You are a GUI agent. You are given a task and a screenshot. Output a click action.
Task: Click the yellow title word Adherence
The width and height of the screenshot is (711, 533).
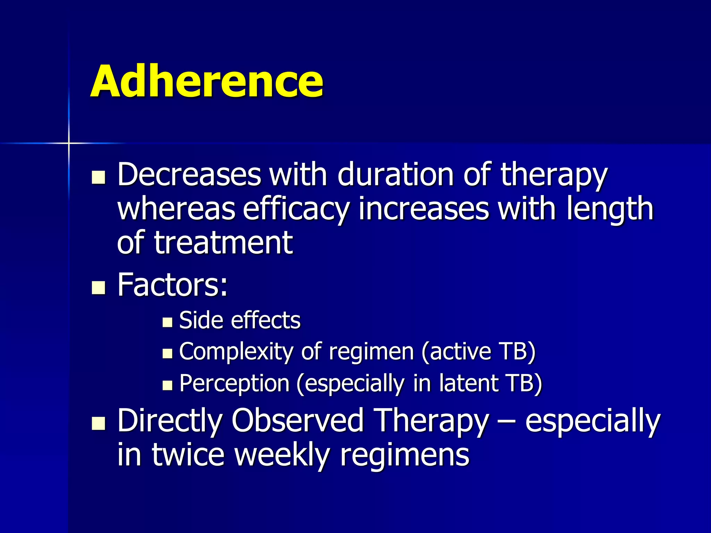(207, 81)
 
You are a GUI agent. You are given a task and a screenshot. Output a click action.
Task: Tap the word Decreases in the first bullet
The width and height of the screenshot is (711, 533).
(189, 174)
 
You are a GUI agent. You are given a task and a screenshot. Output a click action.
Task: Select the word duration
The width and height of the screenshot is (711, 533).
(395, 174)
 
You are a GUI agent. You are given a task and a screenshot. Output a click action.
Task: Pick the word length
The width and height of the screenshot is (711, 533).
(610, 209)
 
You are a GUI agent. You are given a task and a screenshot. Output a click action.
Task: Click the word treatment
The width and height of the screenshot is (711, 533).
(224, 243)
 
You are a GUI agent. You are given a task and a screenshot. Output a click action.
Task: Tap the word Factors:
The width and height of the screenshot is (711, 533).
(173, 285)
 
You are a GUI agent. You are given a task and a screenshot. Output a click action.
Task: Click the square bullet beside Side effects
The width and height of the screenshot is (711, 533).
(167, 322)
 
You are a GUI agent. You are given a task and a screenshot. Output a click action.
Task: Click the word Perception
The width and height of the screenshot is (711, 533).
(234, 383)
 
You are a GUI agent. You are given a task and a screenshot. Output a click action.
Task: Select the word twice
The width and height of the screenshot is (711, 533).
(188, 455)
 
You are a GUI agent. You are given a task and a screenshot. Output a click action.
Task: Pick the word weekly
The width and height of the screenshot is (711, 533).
(282, 455)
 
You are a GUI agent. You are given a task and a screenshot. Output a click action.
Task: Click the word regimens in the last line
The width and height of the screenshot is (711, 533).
(404, 455)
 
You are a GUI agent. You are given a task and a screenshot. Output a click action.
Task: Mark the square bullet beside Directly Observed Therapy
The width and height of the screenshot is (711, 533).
(99, 423)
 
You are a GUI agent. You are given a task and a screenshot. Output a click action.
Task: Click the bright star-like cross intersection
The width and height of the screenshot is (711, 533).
(69, 143)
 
